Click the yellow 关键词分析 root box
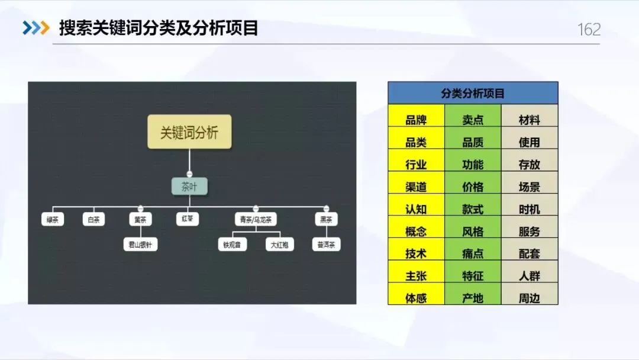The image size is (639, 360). (x=189, y=132)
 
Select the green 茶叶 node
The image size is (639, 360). (x=189, y=187)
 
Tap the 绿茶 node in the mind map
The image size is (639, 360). (x=53, y=220)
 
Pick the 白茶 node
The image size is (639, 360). (x=93, y=220)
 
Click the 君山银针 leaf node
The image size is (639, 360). (x=140, y=244)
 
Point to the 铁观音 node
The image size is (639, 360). (x=232, y=244)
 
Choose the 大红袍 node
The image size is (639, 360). (x=279, y=244)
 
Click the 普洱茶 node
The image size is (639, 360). (x=327, y=244)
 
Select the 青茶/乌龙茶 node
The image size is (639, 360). (x=256, y=220)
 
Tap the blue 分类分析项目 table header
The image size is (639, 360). (x=473, y=93)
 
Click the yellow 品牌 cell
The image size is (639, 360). (x=416, y=120)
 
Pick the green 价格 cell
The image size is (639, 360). (x=473, y=187)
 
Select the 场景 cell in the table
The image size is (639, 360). (x=530, y=187)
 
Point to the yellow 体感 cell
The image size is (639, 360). (x=416, y=298)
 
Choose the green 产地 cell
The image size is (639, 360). (x=473, y=298)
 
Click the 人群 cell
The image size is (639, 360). (x=530, y=276)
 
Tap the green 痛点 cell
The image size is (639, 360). (x=473, y=253)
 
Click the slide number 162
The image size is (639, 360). (x=589, y=30)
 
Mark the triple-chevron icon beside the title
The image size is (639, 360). (x=36, y=28)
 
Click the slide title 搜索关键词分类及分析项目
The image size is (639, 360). (x=159, y=28)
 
